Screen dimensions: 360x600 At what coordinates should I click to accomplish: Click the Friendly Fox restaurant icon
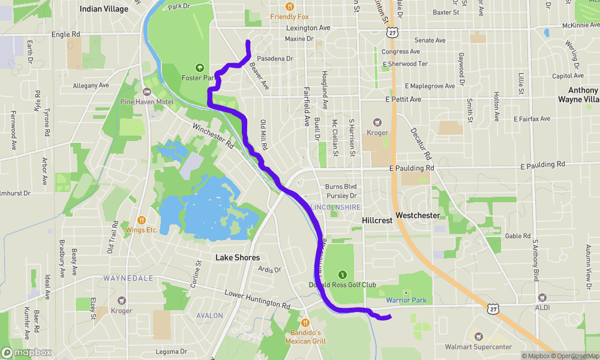[289, 7]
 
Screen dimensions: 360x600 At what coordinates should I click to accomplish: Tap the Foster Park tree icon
[200, 68]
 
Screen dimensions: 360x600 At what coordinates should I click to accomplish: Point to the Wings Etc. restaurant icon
[142, 220]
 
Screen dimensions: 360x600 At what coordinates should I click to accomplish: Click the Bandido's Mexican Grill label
[306, 337]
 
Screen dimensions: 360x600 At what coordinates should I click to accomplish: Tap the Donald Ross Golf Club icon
[343, 274]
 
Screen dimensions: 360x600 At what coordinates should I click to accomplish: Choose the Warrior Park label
[406, 300]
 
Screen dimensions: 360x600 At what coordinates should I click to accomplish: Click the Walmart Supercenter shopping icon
[478, 337]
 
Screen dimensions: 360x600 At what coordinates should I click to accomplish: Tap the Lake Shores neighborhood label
[238, 257]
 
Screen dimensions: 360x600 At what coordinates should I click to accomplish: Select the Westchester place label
[418, 215]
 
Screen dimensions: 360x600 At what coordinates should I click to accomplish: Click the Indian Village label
[104, 9]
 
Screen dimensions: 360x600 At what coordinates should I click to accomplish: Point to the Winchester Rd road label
[212, 136]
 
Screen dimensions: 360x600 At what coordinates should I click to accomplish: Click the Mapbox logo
[26, 352]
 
